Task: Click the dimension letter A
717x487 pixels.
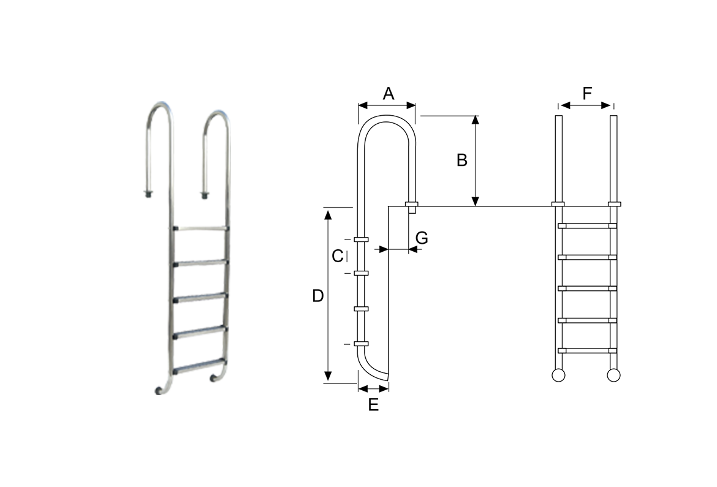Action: coord(389,93)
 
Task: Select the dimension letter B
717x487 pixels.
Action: coord(462,160)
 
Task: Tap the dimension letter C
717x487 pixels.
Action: coord(338,256)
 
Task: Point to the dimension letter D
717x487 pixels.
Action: coord(318,296)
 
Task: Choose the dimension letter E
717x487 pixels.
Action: coord(374,405)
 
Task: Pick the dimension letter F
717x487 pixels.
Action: coord(587,93)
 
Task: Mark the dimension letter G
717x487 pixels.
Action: coord(422,238)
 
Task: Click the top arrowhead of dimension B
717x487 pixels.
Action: coord(476,120)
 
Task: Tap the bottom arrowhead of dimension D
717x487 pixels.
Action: coord(328,376)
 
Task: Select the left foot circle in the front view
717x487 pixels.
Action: coord(558,376)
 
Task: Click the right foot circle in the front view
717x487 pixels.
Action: coord(613,376)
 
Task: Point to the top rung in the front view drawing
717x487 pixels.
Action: coord(587,225)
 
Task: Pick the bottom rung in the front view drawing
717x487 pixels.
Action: coord(587,351)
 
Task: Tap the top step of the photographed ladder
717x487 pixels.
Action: coord(201,228)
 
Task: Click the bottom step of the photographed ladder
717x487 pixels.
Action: coord(200,367)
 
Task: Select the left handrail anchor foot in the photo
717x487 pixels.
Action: coord(148,194)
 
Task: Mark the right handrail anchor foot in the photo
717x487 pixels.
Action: coord(204,195)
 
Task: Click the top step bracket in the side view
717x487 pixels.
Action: coord(361,239)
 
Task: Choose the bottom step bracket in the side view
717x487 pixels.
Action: coord(361,344)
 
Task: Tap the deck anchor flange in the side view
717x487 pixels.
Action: coord(412,204)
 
